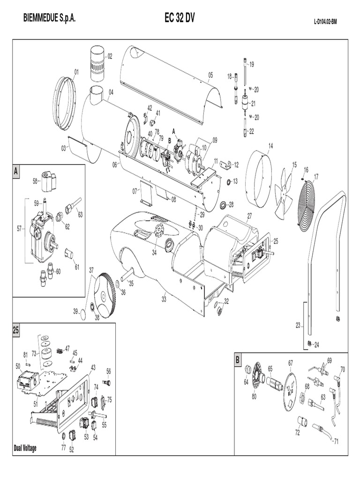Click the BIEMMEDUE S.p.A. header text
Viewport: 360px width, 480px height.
(x=49, y=18)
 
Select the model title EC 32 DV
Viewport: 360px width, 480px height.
(x=180, y=18)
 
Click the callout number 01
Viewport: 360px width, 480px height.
(x=76, y=71)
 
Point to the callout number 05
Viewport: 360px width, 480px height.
(x=210, y=75)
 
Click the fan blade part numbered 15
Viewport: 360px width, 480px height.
(x=284, y=195)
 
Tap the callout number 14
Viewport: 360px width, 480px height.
(x=270, y=146)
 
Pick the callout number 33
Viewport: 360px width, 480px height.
(x=164, y=298)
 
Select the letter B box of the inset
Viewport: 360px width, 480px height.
(x=238, y=360)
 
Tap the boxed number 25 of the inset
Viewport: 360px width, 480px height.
(x=16, y=330)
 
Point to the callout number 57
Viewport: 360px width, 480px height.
(x=19, y=229)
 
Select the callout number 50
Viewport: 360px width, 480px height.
(x=18, y=366)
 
